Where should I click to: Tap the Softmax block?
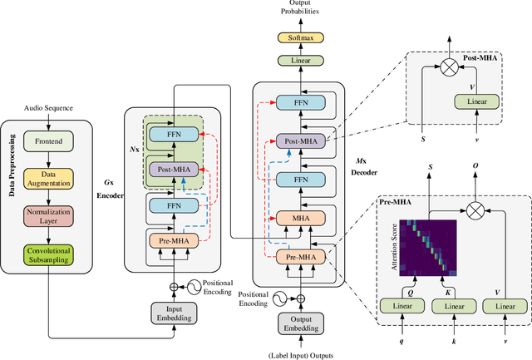[x=303, y=38]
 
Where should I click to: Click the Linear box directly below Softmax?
[x=303, y=61]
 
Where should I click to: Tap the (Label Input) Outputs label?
[x=303, y=351]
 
